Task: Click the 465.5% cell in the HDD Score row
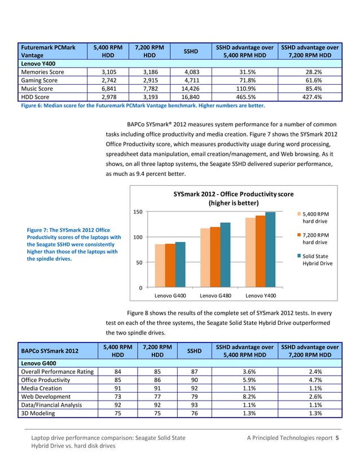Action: click(244, 96)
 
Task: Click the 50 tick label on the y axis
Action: click(138, 262)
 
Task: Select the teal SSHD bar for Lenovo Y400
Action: click(270, 252)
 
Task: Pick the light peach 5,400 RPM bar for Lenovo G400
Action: click(160, 267)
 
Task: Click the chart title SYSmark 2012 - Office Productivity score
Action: click(233, 198)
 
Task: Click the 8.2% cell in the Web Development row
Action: click(244, 396)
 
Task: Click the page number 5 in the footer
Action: click(337, 438)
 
